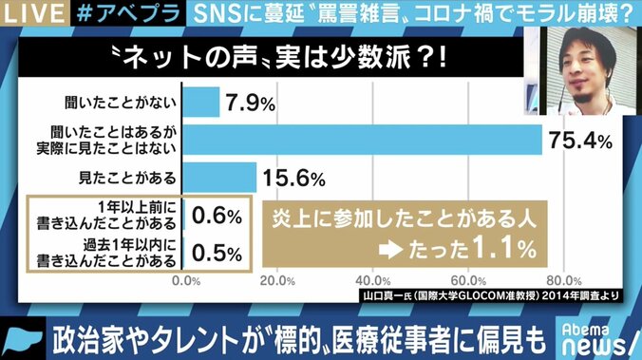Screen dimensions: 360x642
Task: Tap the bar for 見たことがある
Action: click(219, 177)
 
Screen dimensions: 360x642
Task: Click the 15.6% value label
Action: click(296, 178)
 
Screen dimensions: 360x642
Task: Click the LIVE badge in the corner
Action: click(29, 13)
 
